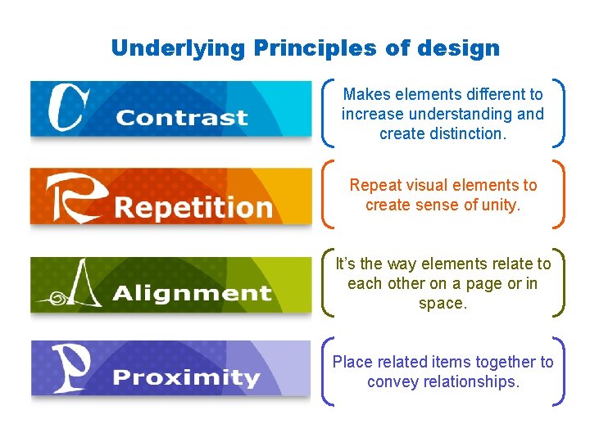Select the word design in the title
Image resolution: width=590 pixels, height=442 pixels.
tap(458, 48)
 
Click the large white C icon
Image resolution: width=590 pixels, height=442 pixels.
tap(67, 108)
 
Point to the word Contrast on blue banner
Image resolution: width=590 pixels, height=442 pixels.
tap(181, 117)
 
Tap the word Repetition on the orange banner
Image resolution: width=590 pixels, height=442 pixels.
tap(193, 206)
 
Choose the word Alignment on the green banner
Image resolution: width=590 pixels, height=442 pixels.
tap(193, 292)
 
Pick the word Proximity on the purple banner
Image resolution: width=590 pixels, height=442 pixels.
tap(186, 377)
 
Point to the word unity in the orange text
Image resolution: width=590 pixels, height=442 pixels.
tap(500, 205)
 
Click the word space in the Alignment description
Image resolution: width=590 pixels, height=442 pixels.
tap(443, 303)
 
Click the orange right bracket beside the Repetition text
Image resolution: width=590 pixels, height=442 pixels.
tap(559, 194)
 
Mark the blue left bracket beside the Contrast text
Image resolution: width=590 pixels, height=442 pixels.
tap(329, 113)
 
